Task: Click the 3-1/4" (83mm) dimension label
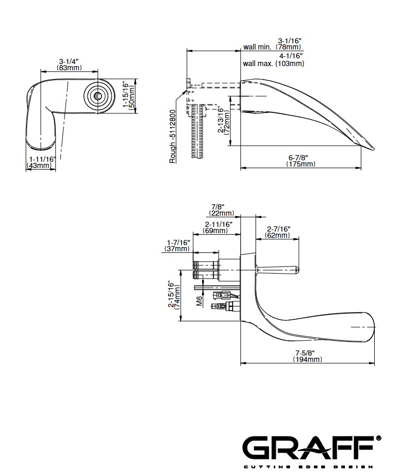pos(69,64)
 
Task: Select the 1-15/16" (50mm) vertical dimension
pos(128,94)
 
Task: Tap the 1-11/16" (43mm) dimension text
pos(40,162)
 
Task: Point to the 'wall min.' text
pos(257,47)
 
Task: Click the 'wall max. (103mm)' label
pos(273,63)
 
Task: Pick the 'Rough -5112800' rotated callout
pos(173,137)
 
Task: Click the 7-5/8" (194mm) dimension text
pos(308,356)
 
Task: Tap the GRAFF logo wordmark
pos(309,446)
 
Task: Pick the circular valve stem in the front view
pos(97,96)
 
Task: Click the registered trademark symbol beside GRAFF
pos(378,438)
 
